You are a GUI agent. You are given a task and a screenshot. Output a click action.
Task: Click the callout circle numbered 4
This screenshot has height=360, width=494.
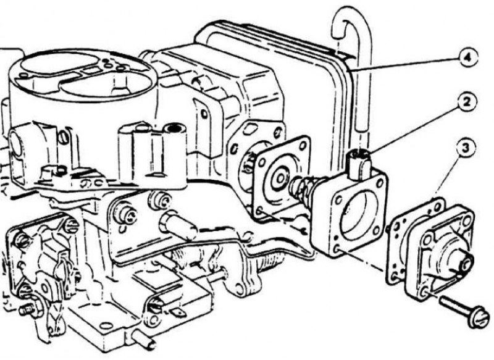[x=469, y=58]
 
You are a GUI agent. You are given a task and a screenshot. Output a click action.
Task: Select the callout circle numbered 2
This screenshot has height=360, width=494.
[x=467, y=101]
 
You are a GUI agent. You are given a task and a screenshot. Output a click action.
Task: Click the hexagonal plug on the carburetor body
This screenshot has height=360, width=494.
[x=178, y=225]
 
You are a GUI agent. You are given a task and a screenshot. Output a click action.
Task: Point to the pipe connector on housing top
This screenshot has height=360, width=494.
[x=359, y=163]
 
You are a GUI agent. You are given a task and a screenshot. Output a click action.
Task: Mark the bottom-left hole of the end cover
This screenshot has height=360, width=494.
[x=422, y=294]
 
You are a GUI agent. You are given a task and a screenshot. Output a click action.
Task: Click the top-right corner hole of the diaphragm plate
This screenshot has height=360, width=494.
[x=303, y=145]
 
